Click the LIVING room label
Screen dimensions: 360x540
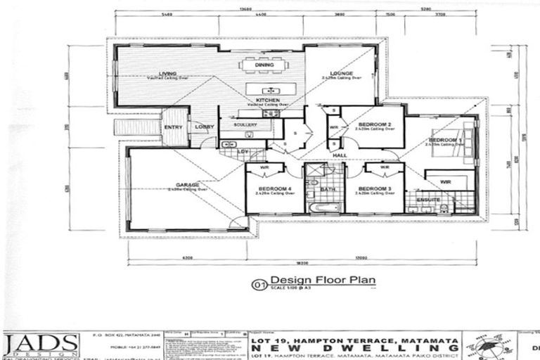pyautogui.click(x=167, y=73)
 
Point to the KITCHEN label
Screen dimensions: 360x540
pyautogui.click(x=267, y=101)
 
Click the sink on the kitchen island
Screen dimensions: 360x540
pyautogui.click(x=269, y=91)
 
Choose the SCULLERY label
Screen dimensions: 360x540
pyautogui.click(x=245, y=124)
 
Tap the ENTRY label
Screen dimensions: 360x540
pyautogui.click(x=173, y=127)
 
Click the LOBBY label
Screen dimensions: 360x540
pyautogui.click(x=204, y=127)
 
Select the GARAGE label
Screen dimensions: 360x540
pyautogui.click(x=187, y=185)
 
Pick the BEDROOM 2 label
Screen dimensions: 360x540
pyautogui.click(x=374, y=124)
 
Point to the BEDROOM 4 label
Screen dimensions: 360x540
pyautogui.click(x=275, y=188)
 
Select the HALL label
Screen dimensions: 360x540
pyautogui.click(x=340, y=155)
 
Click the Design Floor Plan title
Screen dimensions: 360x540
pyautogui.click(x=323, y=280)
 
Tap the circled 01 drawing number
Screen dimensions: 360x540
pyautogui.click(x=259, y=285)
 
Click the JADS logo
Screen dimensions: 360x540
pyautogui.click(x=41, y=344)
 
